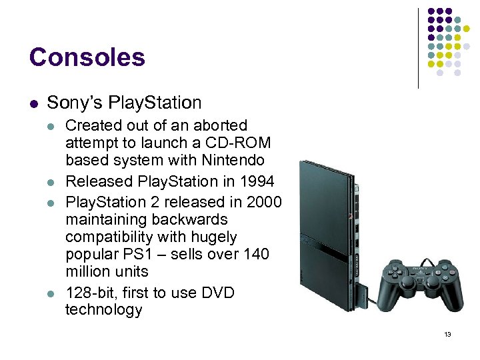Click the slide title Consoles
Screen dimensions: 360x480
pos(87,57)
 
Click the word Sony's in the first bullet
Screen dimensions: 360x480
pos(70,103)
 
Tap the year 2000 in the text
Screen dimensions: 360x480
pos(263,201)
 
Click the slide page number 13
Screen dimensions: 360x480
pos(447,334)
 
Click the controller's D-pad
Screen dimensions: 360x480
pos(398,273)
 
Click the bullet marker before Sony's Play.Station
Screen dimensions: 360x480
pos(33,103)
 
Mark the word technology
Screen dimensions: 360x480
pos(103,310)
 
